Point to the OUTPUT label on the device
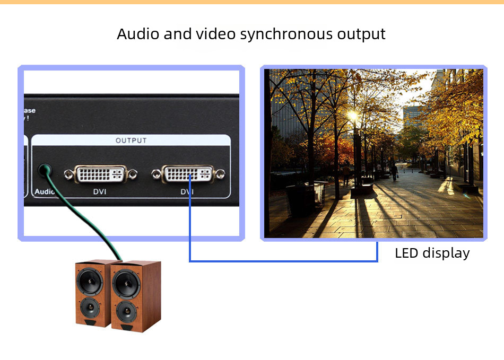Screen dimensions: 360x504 (x=131, y=141)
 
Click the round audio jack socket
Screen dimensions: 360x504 (x=45, y=171)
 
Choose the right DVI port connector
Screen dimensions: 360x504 (x=188, y=173)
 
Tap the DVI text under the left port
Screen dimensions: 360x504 (x=100, y=191)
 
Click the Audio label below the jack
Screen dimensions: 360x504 (x=45, y=191)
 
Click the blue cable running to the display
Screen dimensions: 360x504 (x=281, y=261)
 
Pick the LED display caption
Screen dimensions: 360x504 (x=432, y=253)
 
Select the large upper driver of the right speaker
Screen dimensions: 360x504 (x=126, y=284)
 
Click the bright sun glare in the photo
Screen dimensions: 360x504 (x=352, y=115)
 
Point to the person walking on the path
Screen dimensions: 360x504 (x=394, y=171)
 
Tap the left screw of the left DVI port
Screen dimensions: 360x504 (x=68, y=173)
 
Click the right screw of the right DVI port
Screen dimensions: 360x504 (x=221, y=173)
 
